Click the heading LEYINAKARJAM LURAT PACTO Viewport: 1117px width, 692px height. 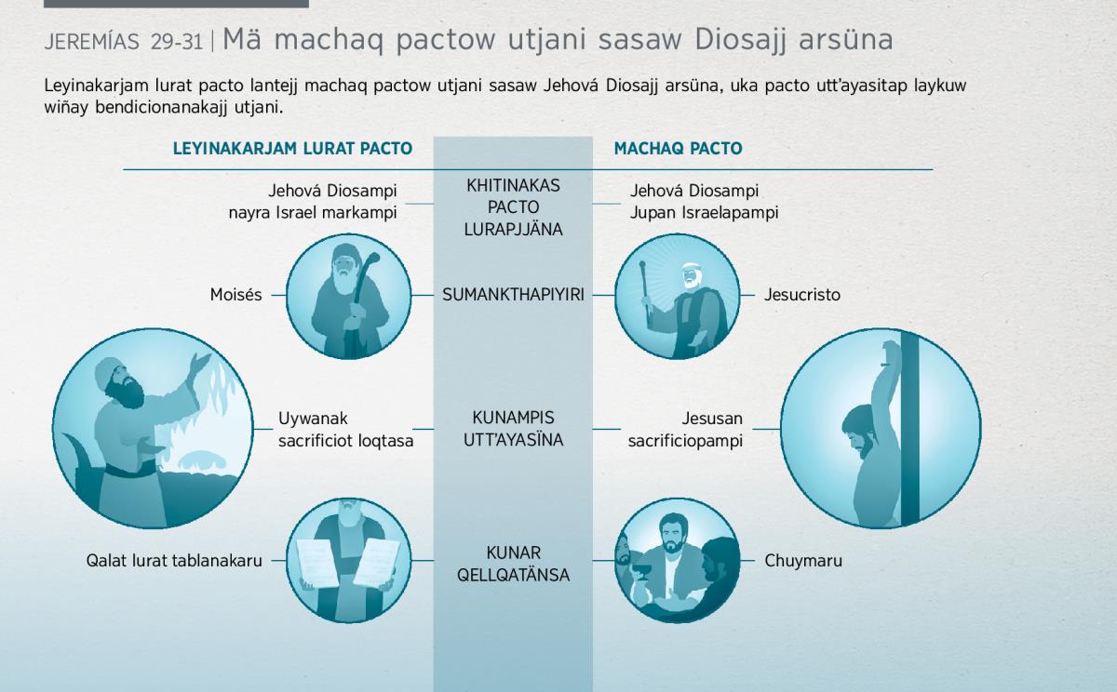[292, 149]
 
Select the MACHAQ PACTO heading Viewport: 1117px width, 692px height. [679, 149]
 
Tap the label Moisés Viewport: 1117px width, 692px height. [236, 295]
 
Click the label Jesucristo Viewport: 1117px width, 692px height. [802, 295]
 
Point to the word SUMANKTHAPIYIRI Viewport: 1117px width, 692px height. [513, 295]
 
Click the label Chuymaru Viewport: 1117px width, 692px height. [803, 561]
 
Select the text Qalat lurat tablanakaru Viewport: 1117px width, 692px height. [174, 561]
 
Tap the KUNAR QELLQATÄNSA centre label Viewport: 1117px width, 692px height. [513, 564]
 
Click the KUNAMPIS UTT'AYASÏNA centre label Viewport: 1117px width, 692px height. [513, 429]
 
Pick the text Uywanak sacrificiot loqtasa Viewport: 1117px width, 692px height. [345, 430]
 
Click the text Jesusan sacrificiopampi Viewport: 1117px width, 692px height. [685, 430]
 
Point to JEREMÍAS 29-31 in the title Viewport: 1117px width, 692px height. [124, 42]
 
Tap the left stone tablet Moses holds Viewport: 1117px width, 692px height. [317, 562]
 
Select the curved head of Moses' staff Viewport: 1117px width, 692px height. [370, 261]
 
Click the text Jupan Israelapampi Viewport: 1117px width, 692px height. [704, 213]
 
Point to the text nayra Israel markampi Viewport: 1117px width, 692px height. [313, 213]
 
